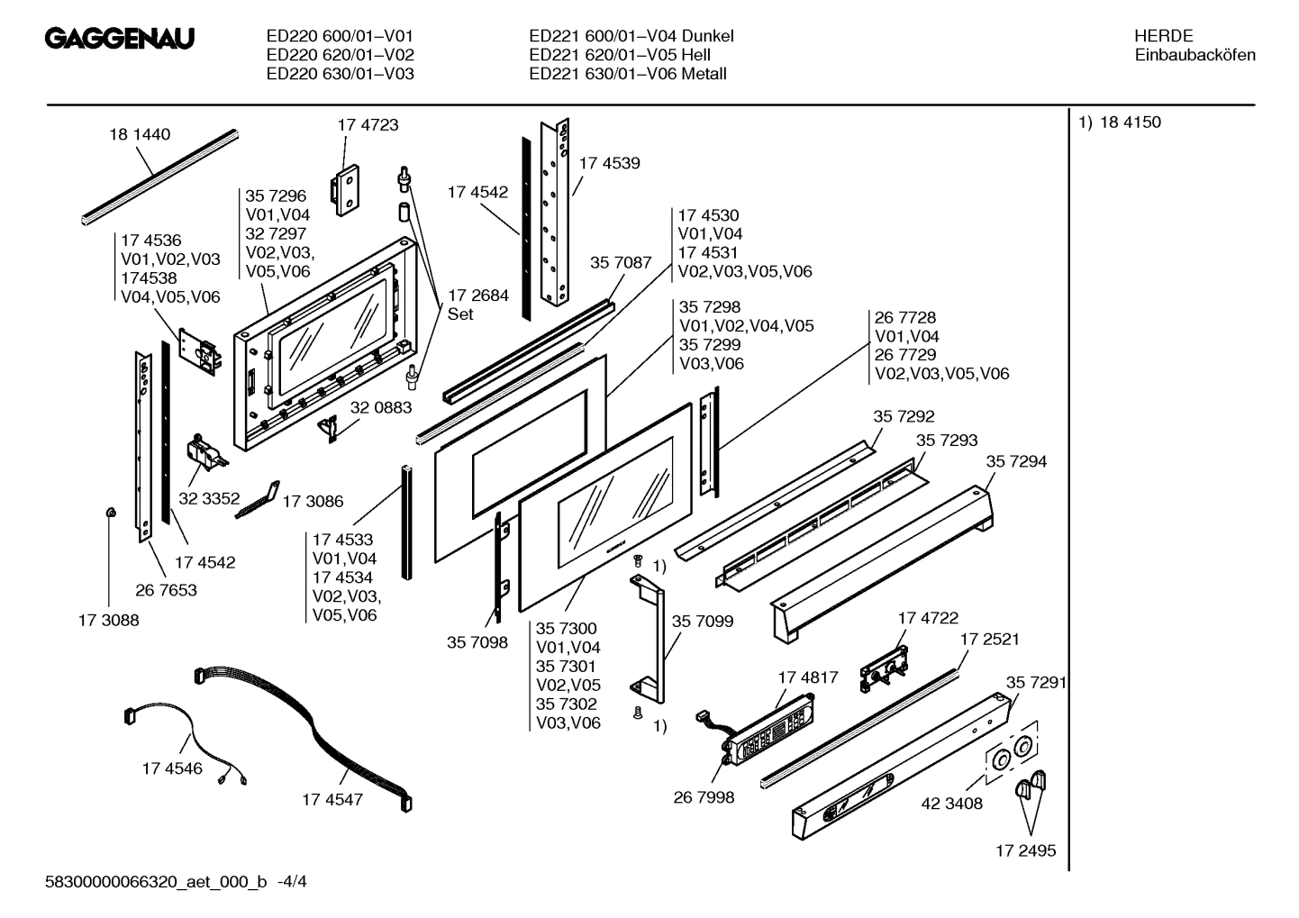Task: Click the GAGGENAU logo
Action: [x=120, y=40]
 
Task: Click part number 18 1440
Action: [x=140, y=135]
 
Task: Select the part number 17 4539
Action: [x=609, y=163]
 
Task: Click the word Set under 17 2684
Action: [x=460, y=314]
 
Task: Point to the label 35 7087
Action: [x=620, y=262]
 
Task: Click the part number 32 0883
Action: [x=380, y=407]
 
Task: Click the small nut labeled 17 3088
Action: [x=109, y=513]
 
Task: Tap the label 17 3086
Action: [x=313, y=501]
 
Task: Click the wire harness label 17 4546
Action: [x=172, y=768]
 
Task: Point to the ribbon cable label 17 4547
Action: [x=332, y=799]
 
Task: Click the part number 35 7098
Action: [x=477, y=642]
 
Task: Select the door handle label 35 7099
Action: [x=702, y=621]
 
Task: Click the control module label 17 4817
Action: [x=807, y=677]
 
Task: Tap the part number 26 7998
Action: [x=704, y=797]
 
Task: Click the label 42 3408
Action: [x=951, y=803]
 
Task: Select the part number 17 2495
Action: [x=1025, y=850]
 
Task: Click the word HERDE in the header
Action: [x=1163, y=36]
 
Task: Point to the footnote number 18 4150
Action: [x=1130, y=123]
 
